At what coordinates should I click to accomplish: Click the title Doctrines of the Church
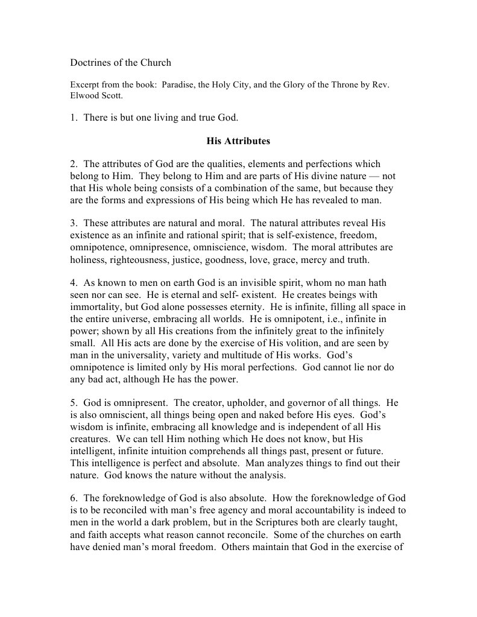pos(121,63)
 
